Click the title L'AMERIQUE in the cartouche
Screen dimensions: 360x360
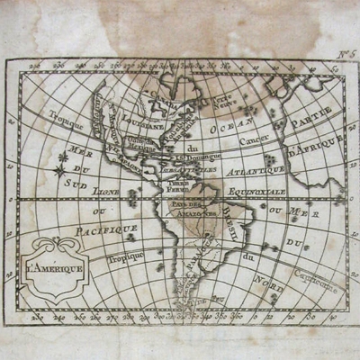pyautogui.click(x=59, y=268)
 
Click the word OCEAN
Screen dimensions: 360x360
pyautogui.click(x=230, y=129)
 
